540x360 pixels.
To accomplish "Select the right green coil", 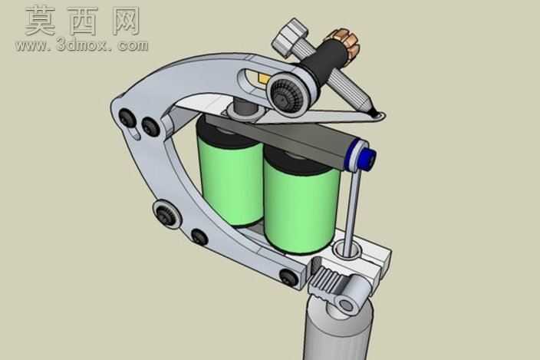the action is point(301,203).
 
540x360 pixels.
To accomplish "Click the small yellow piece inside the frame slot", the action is point(263,79).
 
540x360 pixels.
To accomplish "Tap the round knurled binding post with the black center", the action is point(288,93).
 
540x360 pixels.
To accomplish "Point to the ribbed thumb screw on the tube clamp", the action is point(326,281).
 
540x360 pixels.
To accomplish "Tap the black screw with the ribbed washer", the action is point(166,213).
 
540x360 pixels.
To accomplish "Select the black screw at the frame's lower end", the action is point(288,276).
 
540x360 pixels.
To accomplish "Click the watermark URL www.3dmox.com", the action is point(81,45).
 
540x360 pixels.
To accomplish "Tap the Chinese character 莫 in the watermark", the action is point(41,21).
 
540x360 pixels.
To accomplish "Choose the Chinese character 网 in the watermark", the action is point(126,21).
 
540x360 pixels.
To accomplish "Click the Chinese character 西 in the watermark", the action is point(84,21).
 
